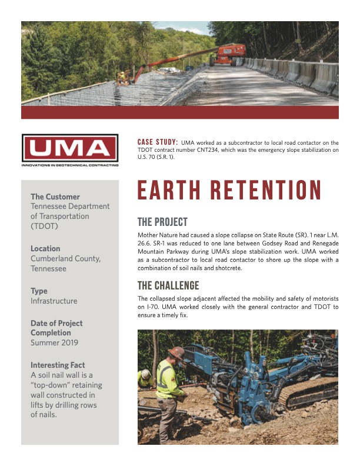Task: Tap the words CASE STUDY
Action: tap(157, 142)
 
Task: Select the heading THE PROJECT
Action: tap(162, 222)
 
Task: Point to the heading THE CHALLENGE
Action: tap(168, 286)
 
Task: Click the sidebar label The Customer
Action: tap(55, 197)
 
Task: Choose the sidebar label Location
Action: tap(45, 248)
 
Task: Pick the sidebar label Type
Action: tap(39, 291)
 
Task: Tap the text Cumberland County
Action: tap(65, 258)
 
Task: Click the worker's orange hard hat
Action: tap(176, 352)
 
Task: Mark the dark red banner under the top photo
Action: tap(179, 112)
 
